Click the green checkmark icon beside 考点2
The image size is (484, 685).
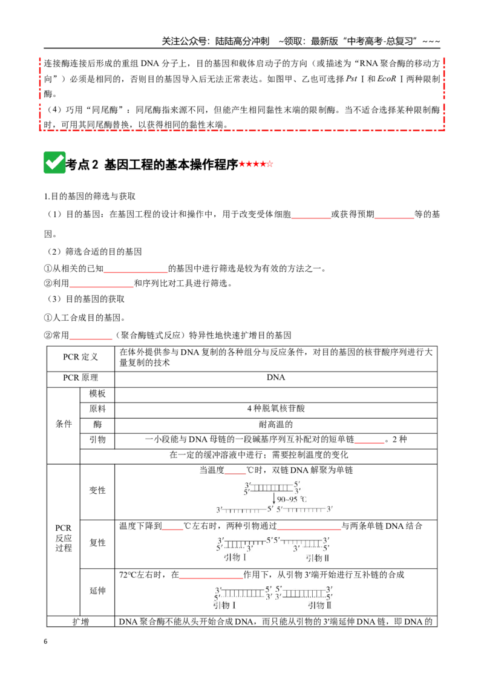(54, 163)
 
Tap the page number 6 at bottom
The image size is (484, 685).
(45, 641)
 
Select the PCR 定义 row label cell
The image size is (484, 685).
(80, 357)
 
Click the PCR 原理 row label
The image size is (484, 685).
(80, 378)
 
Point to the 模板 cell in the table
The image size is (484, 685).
(97, 393)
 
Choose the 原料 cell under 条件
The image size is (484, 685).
(97, 409)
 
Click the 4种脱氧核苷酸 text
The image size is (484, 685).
(276, 408)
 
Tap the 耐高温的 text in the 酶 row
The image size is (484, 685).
(276, 424)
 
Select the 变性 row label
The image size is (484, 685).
(97, 490)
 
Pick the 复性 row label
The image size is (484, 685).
(97, 543)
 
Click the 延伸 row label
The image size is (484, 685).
(97, 591)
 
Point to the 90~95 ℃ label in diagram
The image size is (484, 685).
(292, 499)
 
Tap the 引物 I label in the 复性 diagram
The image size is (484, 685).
(235, 557)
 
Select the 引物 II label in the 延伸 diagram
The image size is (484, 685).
(319, 606)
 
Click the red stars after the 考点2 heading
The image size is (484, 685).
(256, 164)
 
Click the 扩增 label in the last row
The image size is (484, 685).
(80, 621)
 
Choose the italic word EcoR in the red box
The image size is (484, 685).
(386, 79)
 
